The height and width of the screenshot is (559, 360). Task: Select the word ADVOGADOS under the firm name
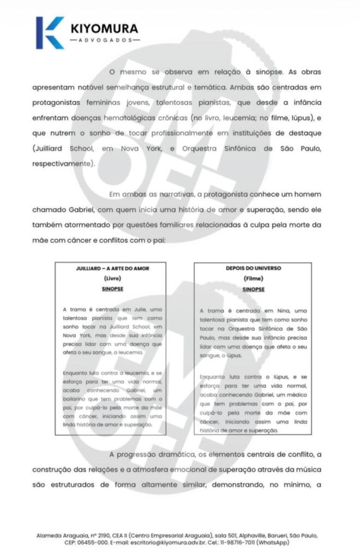coord(104,40)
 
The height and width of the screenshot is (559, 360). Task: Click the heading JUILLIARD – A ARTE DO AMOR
coord(112,269)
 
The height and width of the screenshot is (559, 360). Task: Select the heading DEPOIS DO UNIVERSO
coord(253,269)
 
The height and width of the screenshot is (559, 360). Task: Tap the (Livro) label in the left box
coord(112,278)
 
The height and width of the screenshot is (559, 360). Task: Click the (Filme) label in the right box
coord(253,278)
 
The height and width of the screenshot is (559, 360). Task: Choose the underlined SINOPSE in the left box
coord(112,289)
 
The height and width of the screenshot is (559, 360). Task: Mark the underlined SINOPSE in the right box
coord(253,289)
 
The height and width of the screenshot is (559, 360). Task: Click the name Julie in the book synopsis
coord(141,310)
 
